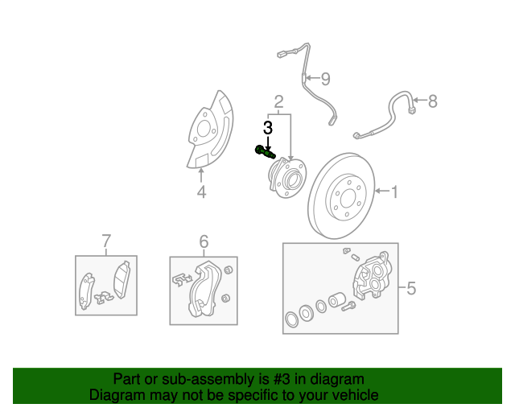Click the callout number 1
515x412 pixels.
(x=394, y=192)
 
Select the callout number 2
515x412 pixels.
(x=278, y=101)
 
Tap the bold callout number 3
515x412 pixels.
(x=268, y=127)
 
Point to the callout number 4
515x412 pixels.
(x=201, y=192)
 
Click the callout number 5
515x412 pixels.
(x=410, y=288)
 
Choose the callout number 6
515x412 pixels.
(x=204, y=241)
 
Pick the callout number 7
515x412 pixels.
(x=105, y=241)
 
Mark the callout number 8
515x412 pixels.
(x=432, y=101)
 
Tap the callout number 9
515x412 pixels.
(x=325, y=79)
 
